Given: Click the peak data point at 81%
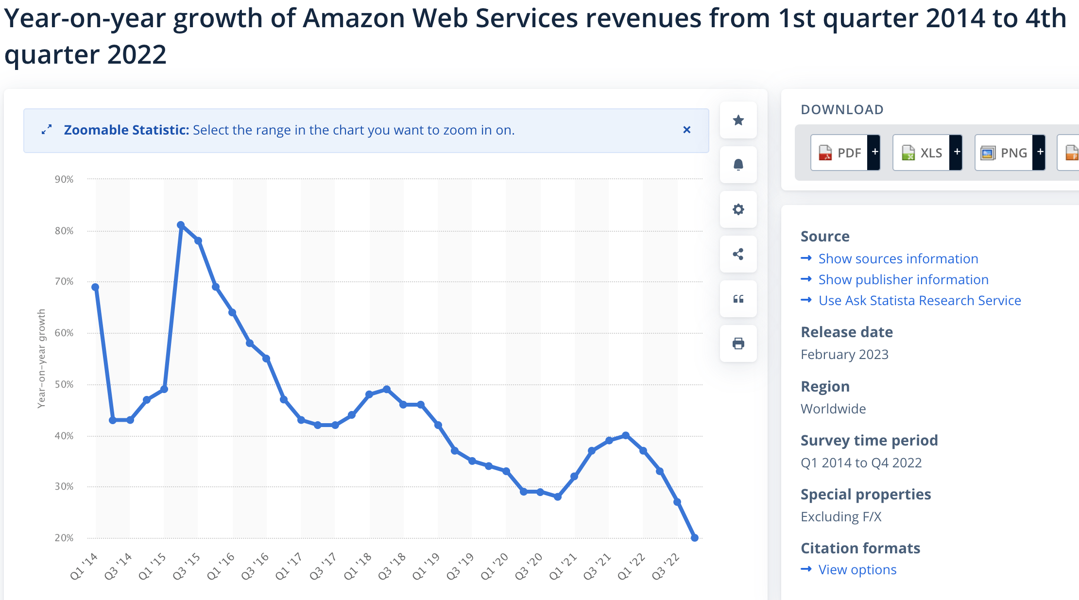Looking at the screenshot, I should pyautogui.click(x=181, y=225).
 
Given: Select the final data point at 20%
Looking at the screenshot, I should pyautogui.click(x=695, y=538).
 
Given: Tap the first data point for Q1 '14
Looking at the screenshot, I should pyautogui.click(x=95, y=287).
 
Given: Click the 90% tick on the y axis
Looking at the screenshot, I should pyautogui.click(x=64, y=179).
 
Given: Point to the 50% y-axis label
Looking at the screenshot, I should pyautogui.click(x=64, y=384).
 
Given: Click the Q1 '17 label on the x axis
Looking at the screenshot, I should pyautogui.click(x=289, y=566).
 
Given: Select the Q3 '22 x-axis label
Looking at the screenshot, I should pyautogui.click(x=666, y=566).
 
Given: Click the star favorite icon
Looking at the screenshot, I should pyautogui.click(x=738, y=120).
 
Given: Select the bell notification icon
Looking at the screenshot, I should pyautogui.click(x=738, y=165).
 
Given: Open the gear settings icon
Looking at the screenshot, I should pyautogui.click(x=738, y=209).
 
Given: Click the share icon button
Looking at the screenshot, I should pyautogui.click(x=738, y=254).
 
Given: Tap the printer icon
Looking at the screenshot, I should pyautogui.click(x=738, y=343).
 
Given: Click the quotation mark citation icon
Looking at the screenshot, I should pyautogui.click(x=738, y=299).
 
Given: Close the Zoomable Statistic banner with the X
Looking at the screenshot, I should pyautogui.click(x=686, y=130).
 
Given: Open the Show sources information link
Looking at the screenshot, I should pyautogui.click(x=898, y=258).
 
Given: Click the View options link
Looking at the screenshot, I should pyautogui.click(x=857, y=569).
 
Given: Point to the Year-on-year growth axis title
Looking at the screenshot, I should pyautogui.click(x=42, y=359).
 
